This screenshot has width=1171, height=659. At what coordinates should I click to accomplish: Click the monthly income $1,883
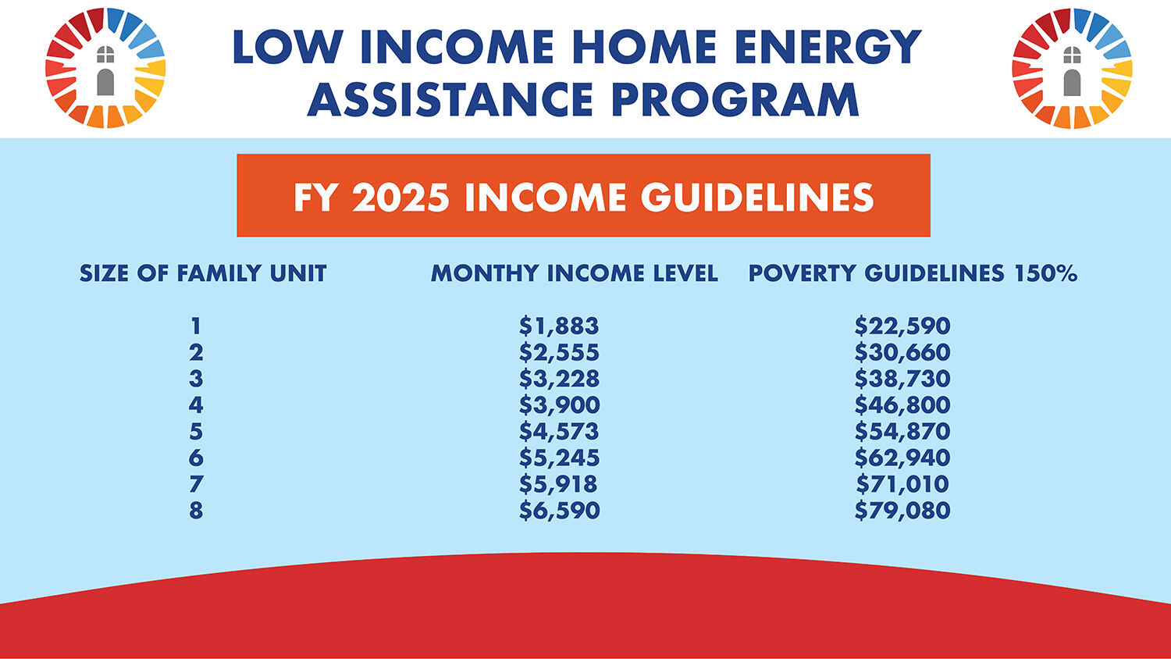(x=559, y=326)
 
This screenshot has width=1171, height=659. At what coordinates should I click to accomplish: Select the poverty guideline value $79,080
(x=902, y=511)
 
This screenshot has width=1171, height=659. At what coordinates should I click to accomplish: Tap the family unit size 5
(x=196, y=432)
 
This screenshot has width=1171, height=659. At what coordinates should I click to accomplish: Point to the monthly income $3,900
(x=559, y=405)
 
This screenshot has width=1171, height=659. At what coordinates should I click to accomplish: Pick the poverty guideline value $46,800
(x=902, y=405)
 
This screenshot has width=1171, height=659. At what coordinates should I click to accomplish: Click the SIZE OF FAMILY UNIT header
(x=203, y=273)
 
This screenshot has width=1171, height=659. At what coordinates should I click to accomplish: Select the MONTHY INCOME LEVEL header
(x=574, y=273)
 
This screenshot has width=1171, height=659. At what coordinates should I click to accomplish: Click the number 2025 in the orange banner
(x=400, y=198)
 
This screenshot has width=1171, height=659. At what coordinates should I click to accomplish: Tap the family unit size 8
(x=196, y=511)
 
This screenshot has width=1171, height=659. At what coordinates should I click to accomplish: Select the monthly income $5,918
(x=559, y=484)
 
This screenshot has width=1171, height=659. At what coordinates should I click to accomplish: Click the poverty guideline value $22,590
(x=902, y=326)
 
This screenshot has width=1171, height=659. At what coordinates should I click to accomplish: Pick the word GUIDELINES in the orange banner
(x=757, y=198)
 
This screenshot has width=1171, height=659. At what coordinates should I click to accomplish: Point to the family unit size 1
(x=196, y=326)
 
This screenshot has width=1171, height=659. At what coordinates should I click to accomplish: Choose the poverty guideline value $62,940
(x=902, y=458)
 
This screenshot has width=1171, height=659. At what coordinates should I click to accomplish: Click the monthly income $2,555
(x=559, y=353)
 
